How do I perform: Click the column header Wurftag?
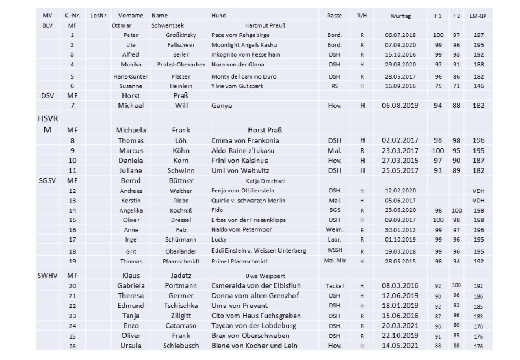coord(400,16)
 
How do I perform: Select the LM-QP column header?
coord(477,16)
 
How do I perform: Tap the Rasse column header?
coord(334,16)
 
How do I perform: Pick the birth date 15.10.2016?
coord(400,54)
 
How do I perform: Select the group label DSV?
coord(47,95)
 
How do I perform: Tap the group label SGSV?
coord(47,181)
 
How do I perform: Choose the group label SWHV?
coord(47,276)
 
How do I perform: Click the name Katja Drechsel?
coord(266,181)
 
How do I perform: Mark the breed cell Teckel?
coord(335,286)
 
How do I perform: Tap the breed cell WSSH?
coord(335,251)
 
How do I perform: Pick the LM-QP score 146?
coord(477,85)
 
